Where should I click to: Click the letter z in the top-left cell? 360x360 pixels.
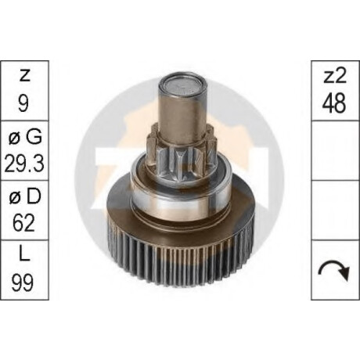[24, 76]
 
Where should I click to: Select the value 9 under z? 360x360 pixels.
[23, 103]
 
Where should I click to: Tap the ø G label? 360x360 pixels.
[25, 136]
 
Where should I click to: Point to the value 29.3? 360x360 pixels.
[24, 164]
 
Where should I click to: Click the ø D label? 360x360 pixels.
[25, 196]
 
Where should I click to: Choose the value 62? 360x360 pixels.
[23, 223]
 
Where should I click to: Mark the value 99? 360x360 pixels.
[23, 283]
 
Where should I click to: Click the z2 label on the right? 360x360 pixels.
[336, 75]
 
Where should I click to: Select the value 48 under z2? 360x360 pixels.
[334, 103]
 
